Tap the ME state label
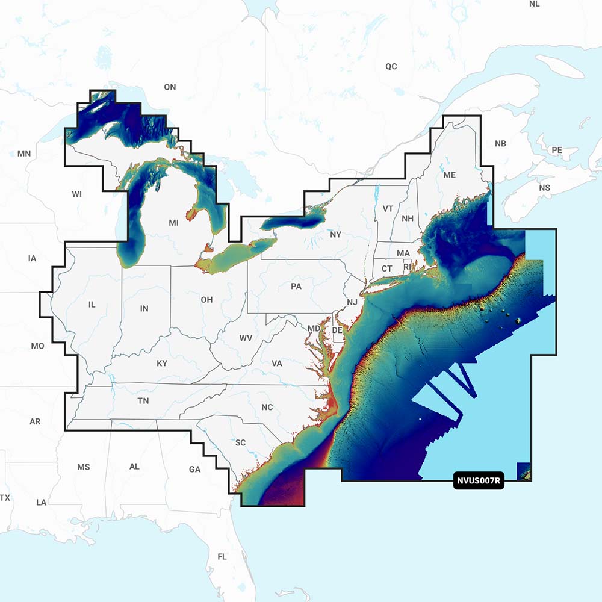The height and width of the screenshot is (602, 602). pyautogui.click(x=449, y=175)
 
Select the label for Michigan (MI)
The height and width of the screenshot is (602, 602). pyautogui.click(x=173, y=223)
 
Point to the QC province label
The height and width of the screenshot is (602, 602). pyautogui.click(x=391, y=66)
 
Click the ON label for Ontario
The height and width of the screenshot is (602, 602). pyautogui.click(x=170, y=87)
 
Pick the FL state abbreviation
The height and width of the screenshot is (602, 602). pyautogui.click(x=222, y=557)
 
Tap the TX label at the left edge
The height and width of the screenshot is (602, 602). pyautogui.click(x=5, y=498)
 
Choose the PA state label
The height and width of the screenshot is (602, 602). pyautogui.click(x=296, y=286)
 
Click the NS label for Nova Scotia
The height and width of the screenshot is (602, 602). pyautogui.click(x=544, y=188)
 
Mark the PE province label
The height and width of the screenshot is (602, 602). pyautogui.click(x=557, y=149)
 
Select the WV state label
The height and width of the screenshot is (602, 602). pyautogui.click(x=246, y=338)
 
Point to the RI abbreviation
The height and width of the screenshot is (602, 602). pyautogui.click(x=407, y=267)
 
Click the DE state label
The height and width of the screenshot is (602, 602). pyautogui.click(x=337, y=330)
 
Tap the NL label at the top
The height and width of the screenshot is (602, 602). pyautogui.click(x=534, y=4)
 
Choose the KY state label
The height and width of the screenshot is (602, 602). pyautogui.click(x=162, y=364)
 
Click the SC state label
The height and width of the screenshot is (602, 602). pyautogui.click(x=240, y=442)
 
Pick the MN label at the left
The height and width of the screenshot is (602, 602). pyautogui.click(x=24, y=154)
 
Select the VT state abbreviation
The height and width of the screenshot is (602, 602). pyautogui.click(x=388, y=209)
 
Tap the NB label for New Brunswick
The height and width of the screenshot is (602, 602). pyautogui.click(x=500, y=144)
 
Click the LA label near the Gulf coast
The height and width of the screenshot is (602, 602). pyautogui.click(x=42, y=502)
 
